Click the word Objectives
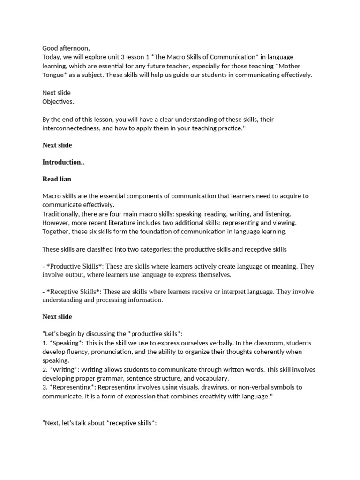[58, 101]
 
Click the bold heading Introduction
[60, 162]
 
